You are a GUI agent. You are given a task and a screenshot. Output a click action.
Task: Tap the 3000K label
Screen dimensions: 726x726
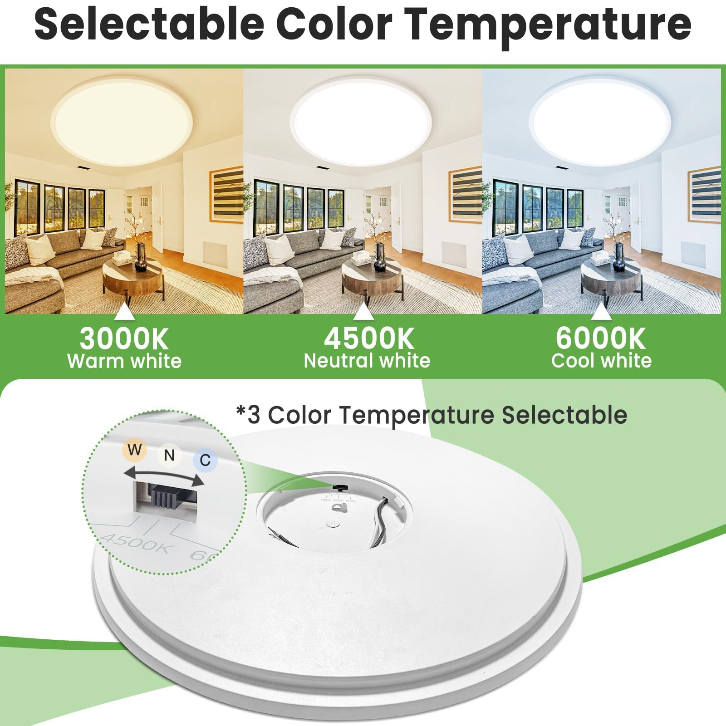click(x=124, y=338)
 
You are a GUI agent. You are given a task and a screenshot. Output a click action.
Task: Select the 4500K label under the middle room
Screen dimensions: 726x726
click(x=368, y=338)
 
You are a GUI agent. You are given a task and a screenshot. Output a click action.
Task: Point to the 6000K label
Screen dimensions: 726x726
click(x=600, y=338)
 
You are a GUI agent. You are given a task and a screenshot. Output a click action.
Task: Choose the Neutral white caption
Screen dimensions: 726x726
click(x=367, y=361)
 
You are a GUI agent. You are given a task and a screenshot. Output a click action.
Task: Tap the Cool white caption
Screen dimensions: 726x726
click(x=601, y=361)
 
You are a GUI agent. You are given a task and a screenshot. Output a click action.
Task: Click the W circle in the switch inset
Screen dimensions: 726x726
click(x=134, y=450)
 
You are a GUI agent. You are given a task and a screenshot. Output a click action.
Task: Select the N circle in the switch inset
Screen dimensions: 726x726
click(x=169, y=455)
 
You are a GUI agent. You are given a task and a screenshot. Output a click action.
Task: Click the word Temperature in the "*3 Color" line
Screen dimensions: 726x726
click(x=416, y=415)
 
